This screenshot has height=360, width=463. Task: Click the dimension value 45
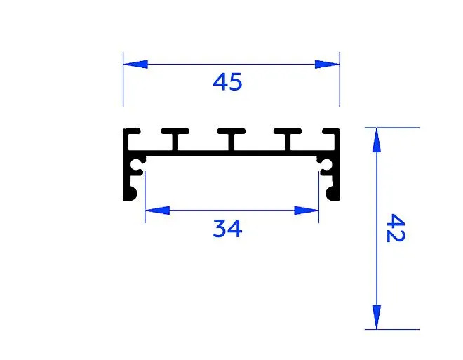tap(227, 82)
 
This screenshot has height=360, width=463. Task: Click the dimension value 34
tap(227, 228)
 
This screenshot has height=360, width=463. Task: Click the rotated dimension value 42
tap(396, 228)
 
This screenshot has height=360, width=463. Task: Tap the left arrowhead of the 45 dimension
tap(135, 64)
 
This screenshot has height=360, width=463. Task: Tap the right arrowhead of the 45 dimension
tap(327, 64)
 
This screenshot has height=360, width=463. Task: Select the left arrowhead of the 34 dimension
tap(157, 211)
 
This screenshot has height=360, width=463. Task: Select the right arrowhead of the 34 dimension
tap(307, 211)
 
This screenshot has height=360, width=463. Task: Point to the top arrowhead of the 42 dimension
tap(377, 140)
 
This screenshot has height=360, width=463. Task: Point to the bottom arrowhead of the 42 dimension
tap(377, 317)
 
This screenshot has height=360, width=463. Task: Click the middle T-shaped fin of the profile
tap(231, 139)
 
